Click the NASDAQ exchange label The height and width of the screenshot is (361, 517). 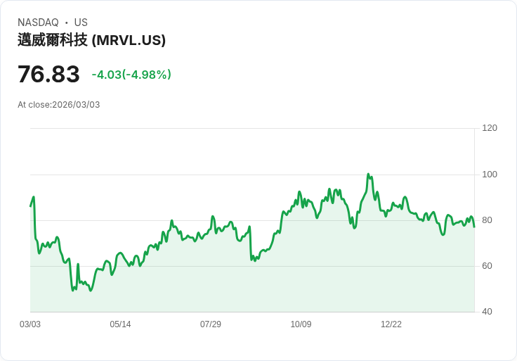38,23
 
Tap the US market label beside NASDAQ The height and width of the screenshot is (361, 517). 81,23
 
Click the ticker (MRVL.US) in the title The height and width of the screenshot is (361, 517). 129,40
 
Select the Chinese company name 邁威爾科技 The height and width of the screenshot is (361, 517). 53,40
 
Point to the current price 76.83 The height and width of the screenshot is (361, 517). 48,74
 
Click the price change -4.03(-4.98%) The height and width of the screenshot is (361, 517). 131,75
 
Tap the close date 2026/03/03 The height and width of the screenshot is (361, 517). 76,105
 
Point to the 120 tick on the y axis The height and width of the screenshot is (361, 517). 490,128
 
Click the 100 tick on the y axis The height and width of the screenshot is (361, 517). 490,175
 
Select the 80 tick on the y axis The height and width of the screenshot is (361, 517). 487,220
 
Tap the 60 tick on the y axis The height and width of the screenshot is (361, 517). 487,266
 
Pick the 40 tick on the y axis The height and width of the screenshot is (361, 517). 487,312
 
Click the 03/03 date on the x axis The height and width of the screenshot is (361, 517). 30,324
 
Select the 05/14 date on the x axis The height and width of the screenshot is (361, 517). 120,324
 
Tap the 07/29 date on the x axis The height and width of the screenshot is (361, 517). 211,324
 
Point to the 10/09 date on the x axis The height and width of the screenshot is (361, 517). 301,324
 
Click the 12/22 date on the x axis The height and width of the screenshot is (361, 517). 391,324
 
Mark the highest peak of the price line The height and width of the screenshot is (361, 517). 368,175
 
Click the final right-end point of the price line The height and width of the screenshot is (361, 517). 474,227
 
